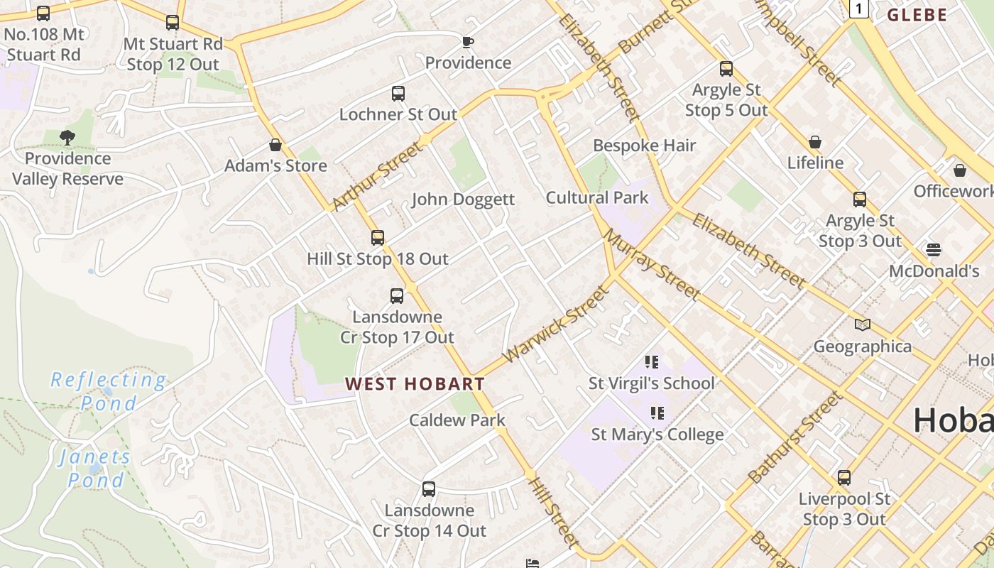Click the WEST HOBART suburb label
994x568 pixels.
(x=415, y=384)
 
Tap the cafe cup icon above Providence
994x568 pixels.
(x=467, y=42)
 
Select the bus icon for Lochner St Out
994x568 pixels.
(x=398, y=93)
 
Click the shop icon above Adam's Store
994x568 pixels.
(x=275, y=145)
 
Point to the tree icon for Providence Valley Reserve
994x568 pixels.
(x=67, y=137)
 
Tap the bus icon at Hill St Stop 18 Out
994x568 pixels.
(x=378, y=238)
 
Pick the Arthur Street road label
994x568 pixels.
(x=376, y=177)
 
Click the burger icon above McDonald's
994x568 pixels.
(x=934, y=250)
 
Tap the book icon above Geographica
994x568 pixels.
(x=863, y=325)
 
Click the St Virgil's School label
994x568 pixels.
(x=651, y=383)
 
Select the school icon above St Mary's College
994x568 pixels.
(x=657, y=413)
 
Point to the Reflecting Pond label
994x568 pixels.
(x=109, y=391)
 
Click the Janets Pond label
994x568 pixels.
(x=95, y=468)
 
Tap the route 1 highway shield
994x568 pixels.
(x=859, y=9)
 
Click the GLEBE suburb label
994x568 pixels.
(x=917, y=15)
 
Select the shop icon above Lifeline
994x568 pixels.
(x=815, y=142)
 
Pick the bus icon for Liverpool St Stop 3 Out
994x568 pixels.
(x=844, y=478)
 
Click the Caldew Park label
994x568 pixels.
(x=457, y=420)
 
